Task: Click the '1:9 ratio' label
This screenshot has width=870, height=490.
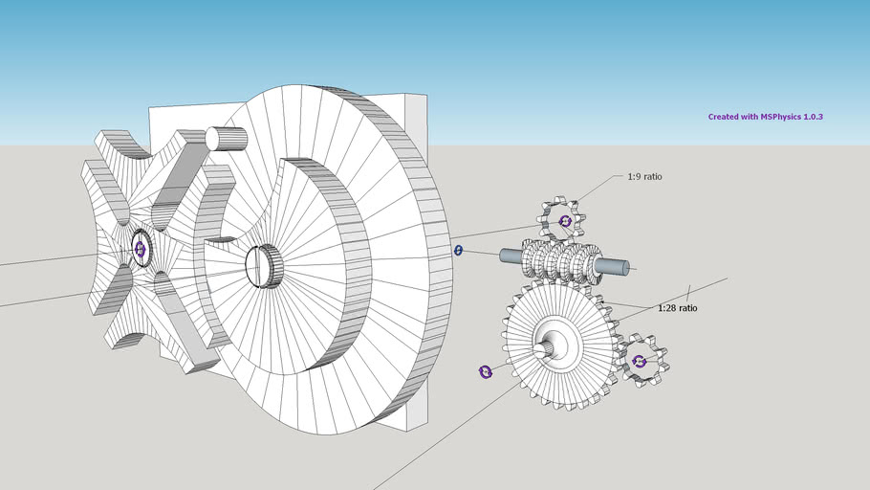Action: [x=644, y=177]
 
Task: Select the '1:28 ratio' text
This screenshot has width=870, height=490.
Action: [x=677, y=308]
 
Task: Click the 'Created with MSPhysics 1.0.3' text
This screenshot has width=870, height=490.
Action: [x=765, y=117]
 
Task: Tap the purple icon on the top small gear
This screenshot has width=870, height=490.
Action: [x=565, y=221]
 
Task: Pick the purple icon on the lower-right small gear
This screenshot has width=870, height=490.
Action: [x=640, y=362]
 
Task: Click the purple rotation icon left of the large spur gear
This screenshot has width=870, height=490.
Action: [x=485, y=371]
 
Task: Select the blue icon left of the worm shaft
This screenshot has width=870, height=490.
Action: [x=458, y=251]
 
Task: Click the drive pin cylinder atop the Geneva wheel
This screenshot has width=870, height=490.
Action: [x=227, y=139]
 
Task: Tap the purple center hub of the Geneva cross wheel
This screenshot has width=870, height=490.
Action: [x=140, y=249]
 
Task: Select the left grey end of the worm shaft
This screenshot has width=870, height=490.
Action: [x=511, y=256]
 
